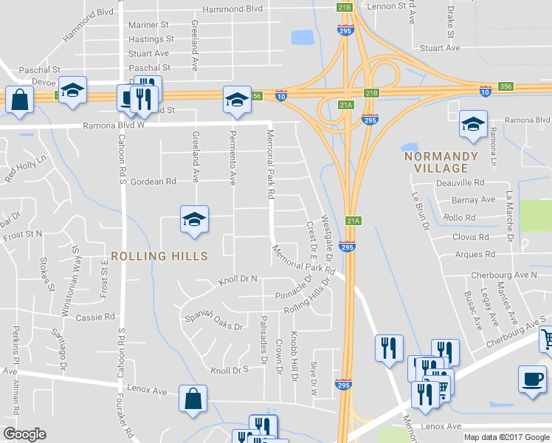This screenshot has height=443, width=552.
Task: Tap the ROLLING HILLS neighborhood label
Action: click(159, 255)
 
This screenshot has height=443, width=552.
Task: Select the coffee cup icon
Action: click(532, 379)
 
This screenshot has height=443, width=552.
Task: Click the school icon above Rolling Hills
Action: click(193, 220)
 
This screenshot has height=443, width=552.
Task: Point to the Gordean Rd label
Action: click(153, 181)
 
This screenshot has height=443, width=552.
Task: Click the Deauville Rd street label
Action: click(458, 182)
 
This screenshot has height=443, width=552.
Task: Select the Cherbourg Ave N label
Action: click(505, 275)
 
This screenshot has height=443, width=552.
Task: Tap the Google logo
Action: click(25, 434)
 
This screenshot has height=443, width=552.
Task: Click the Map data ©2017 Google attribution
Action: click(506, 437)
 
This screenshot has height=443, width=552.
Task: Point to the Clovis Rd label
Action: click(471, 237)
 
